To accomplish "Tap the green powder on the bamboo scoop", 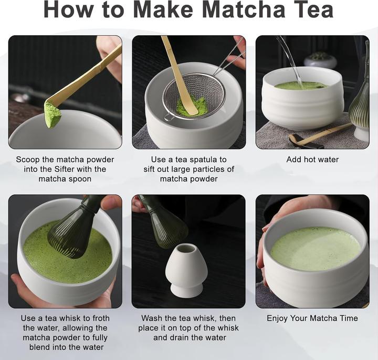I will (52, 115).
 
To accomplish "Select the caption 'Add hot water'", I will (312, 160).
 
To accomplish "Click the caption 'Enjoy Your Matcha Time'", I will (312, 319).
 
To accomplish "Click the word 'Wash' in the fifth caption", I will (152, 319).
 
